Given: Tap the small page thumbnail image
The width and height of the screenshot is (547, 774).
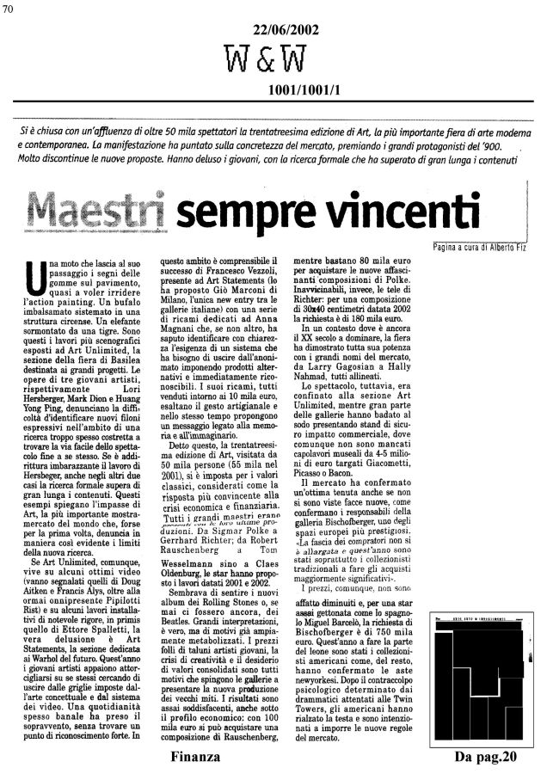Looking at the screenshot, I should [x=486, y=666].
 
